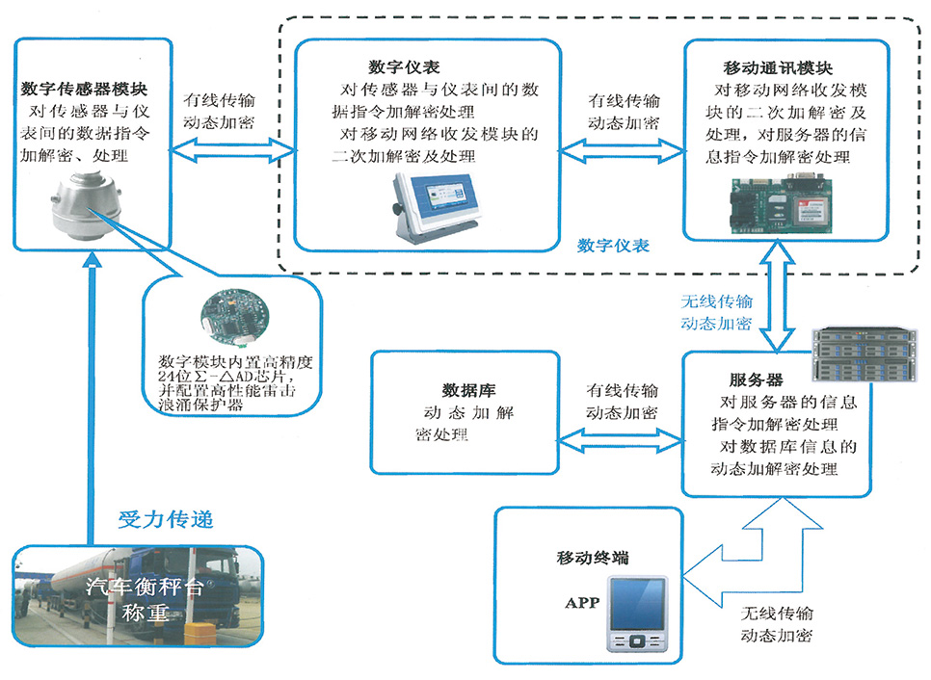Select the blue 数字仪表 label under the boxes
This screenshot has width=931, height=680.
tap(614, 246)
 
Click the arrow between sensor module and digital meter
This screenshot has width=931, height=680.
tap(232, 148)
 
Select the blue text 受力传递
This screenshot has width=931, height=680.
tap(166, 519)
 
